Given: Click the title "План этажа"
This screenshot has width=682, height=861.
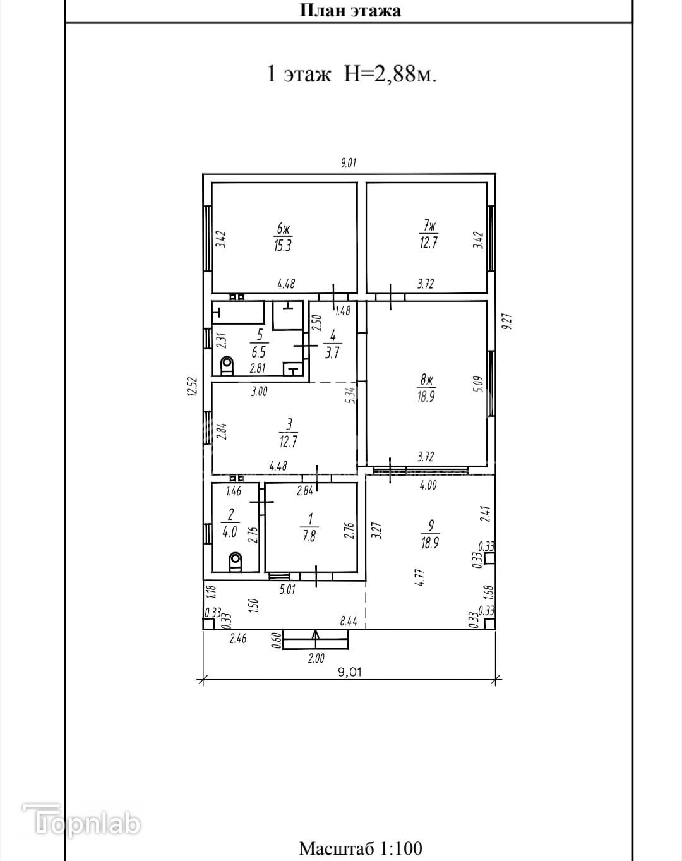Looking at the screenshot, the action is point(350,11).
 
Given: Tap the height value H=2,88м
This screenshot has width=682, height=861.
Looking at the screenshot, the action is point(390,74).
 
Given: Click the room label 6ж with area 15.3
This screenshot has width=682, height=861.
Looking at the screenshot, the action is point(283,238).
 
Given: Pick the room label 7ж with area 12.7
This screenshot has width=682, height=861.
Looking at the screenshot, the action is point(428,236).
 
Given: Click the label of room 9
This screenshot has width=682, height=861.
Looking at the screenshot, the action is point(431,534).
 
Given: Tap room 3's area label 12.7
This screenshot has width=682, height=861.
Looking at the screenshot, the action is point(288,442).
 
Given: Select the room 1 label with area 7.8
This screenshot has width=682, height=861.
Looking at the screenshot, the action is point(309,527).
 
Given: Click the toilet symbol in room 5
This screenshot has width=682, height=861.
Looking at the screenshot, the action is point(227,365).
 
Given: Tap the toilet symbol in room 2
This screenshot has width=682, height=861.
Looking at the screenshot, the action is point(236,562).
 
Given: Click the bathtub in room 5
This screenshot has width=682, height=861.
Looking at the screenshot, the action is point(238,313).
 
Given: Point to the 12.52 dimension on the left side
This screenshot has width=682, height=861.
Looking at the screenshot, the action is point(193,387).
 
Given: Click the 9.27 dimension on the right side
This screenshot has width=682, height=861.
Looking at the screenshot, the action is point(507,322).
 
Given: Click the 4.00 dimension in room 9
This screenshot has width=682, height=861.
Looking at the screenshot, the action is point(428,486).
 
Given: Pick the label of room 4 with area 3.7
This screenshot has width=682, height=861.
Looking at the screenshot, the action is point(333,344).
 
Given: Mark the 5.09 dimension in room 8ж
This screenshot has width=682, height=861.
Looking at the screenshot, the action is point(479,384).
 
